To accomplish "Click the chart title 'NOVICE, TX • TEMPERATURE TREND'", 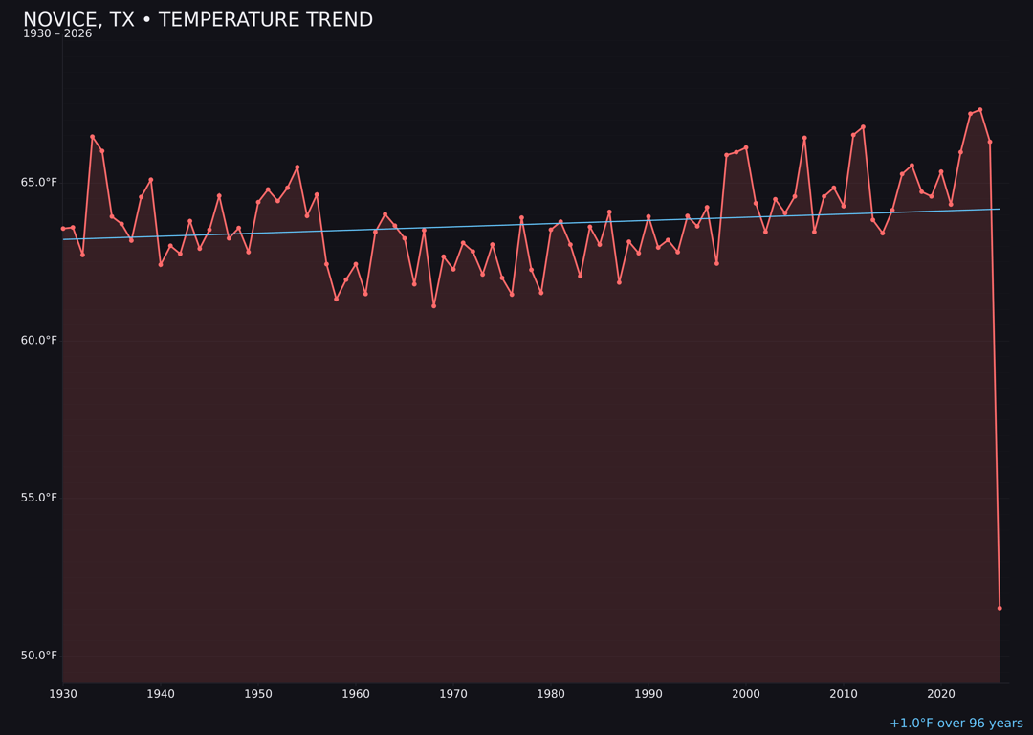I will (198, 20).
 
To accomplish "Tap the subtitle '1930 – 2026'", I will (57, 34).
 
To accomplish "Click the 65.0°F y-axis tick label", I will (40, 182).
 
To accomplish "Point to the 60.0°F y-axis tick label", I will (40, 340).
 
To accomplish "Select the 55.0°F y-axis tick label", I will (40, 498).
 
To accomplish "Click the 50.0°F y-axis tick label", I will (40, 656).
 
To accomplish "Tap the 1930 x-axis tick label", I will (63, 693).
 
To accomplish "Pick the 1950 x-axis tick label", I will (258, 693).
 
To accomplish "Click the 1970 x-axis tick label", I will (453, 693).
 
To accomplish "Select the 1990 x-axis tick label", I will (648, 693).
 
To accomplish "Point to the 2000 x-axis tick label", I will (746, 693).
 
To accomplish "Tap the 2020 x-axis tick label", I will (941, 693).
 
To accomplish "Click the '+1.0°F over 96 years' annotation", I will (956, 724).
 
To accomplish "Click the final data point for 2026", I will (1000, 608).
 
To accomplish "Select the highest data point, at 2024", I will (980, 110).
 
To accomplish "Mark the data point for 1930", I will (63, 229).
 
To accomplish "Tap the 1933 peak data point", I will (92, 137).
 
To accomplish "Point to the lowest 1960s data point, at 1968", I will (433, 306).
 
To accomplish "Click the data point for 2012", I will (863, 127).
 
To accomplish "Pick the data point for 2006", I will (804, 138).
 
